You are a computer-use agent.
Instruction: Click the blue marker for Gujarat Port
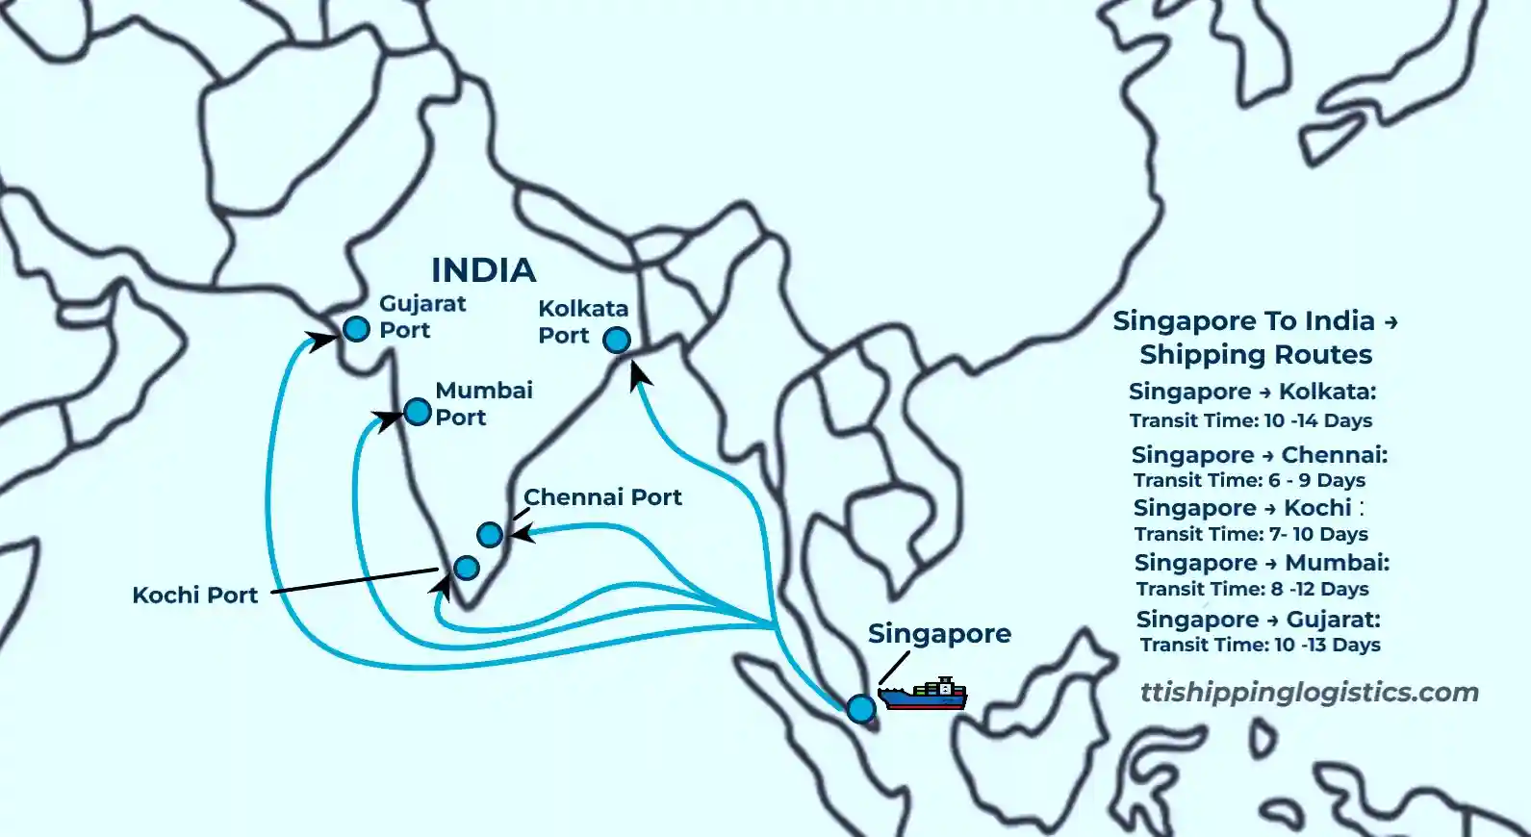click(356, 329)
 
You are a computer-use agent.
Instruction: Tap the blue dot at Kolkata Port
click(617, 340)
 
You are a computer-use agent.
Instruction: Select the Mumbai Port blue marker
click(418, 412)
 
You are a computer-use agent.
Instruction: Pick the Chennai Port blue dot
click(490, 534)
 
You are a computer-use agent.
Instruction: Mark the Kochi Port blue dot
click(467, 568)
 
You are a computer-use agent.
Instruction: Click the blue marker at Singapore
click(861, 709)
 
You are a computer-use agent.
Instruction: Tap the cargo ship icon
click(923, 694)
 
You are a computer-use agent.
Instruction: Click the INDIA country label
click(483, 270)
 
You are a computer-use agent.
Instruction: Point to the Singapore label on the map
click(939, 634)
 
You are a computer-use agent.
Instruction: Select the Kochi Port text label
click(195, 596)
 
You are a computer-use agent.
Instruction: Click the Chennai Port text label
click(602, 497)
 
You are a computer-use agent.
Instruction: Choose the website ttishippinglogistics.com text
click(1309, 693)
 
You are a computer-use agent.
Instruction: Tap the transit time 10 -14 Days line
click(1251, 420)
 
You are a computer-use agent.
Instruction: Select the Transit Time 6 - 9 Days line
click(1249, 480)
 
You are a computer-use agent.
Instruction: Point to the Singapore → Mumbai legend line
click(1262, 563)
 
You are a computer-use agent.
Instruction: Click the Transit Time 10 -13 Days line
click(1261, 645)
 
